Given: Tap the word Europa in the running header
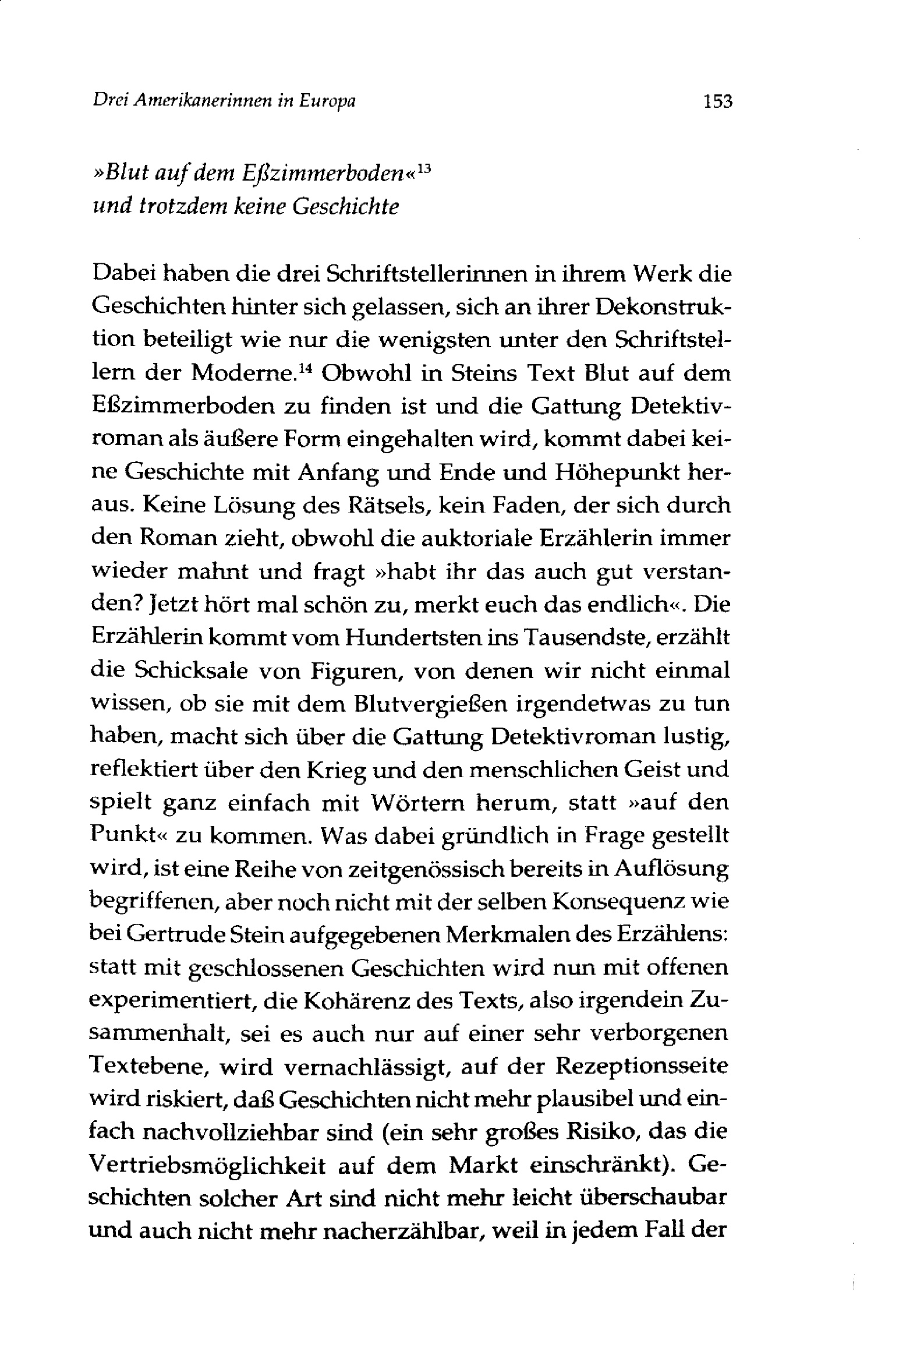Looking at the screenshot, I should [327, 101].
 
